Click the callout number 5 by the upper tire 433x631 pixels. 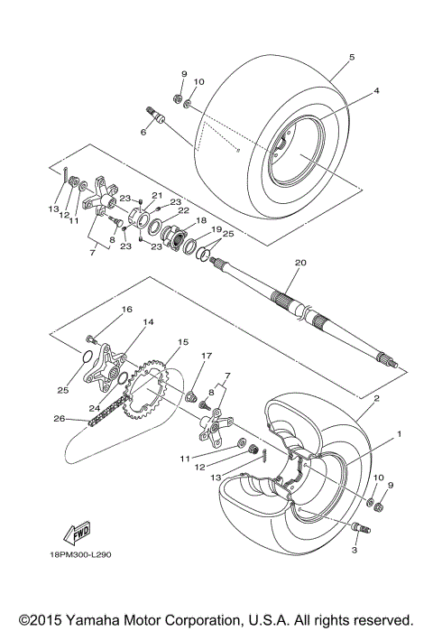click(352, 56)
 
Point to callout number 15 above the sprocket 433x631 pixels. click(182, 342)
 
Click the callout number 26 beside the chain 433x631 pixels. click(59, 418)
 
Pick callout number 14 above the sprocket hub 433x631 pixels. click(149, 322)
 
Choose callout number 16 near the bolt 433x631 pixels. click(127, 309)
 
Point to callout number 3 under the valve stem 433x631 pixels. click(355, 550)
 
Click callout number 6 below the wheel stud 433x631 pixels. click(143, 132)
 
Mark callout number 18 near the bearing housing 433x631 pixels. click(200, 219)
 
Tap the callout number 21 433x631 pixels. click(155, 195)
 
